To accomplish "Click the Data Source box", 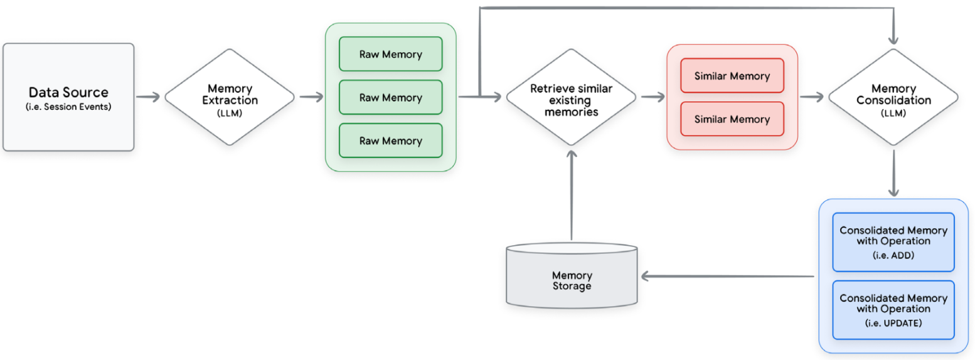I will (x=68, y=97).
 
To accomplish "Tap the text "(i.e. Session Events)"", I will (x=68, y=107).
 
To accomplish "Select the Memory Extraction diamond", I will (x=230, y=97).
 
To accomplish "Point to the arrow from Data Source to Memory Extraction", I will (x=149, y=97).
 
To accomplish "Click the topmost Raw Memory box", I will (x=390, y=54).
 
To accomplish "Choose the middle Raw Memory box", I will (x=390, y=97).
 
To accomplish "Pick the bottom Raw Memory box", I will (x=390, y=140).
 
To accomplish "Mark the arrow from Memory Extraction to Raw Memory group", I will (x=311, y=97).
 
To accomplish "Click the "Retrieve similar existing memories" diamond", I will (x=571, y=97).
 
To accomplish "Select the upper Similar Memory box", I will (x=732, y=76).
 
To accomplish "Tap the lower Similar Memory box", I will (x=732, y=119).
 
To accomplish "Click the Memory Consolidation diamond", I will (x=893, y=97).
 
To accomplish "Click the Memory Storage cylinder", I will (x=572, y=278).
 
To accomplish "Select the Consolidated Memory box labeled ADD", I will (x=893, y=242).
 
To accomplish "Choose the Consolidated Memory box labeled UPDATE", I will (x=893, y=310).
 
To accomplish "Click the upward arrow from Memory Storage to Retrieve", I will (x=571, y=194).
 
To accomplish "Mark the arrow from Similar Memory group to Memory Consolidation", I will (x=812, y=97).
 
